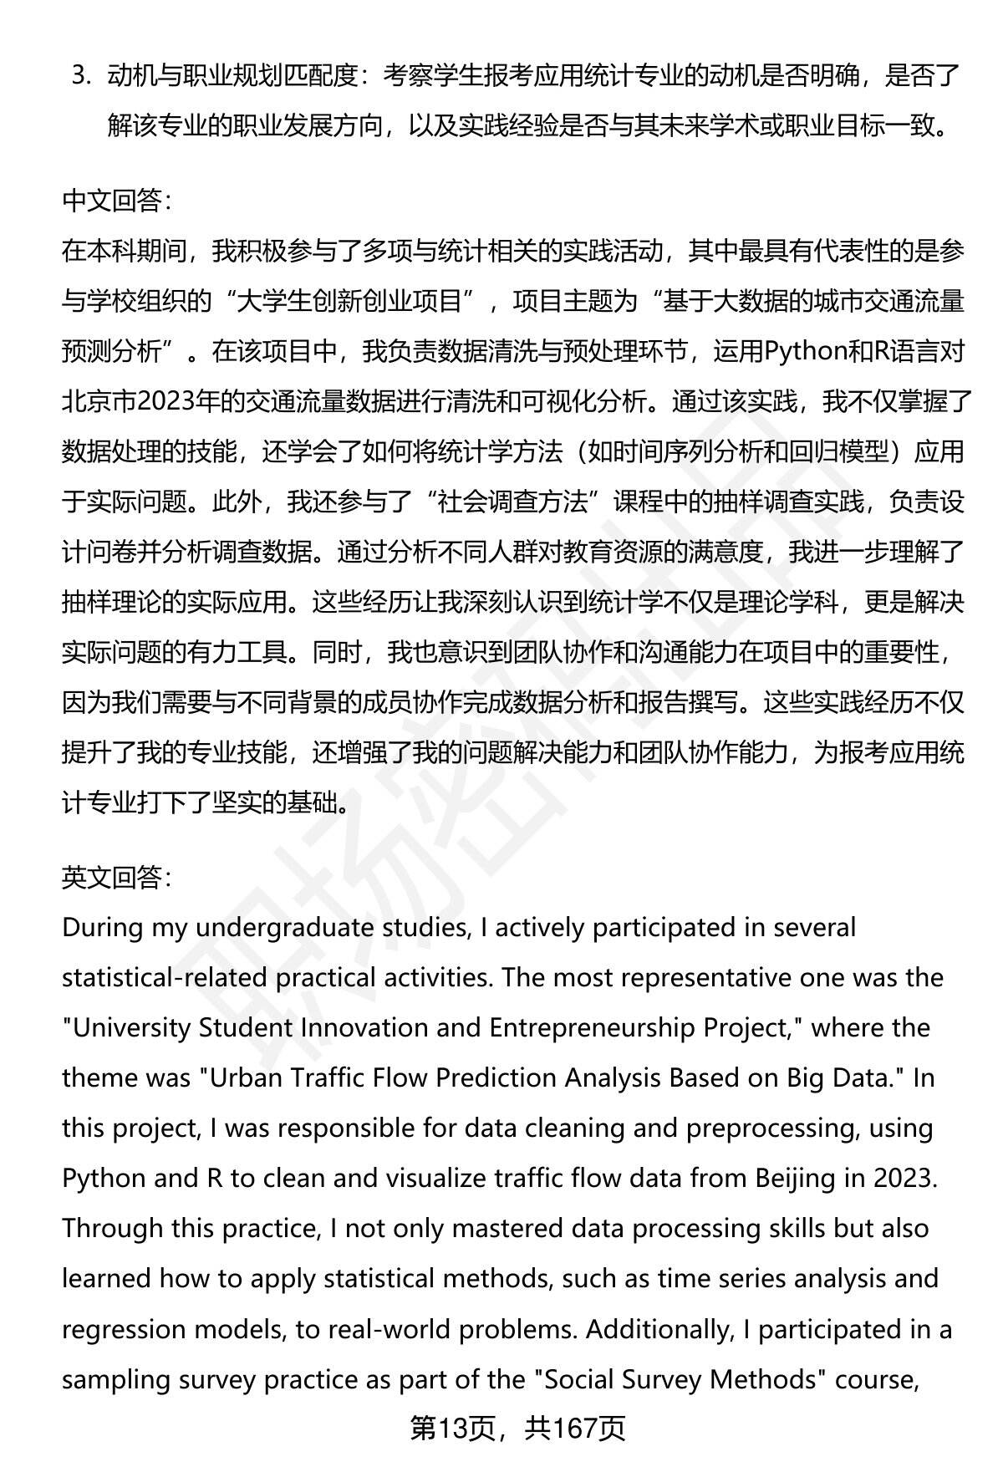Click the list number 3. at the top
pyautogui.click(x=81, y=77)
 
